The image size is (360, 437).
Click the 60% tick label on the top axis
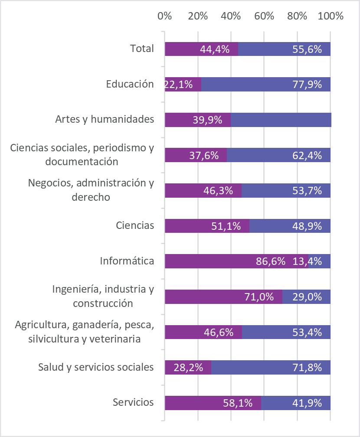[264, 16]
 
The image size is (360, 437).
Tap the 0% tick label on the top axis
[165, 16]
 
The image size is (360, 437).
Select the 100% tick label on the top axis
[331, 16]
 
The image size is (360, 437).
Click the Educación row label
[130, 84]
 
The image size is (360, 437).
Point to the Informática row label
[127, 261]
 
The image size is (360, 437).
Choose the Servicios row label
[133, 402]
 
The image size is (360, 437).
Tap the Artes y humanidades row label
[105, 119]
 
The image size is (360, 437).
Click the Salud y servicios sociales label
[96, 367]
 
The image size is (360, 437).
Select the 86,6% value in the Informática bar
[271, 261]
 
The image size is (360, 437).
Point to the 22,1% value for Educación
[179, 85]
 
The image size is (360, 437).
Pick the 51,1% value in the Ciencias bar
[226, 226]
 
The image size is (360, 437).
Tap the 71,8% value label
[307, 368]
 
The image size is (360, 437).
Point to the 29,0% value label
[307, 297]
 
